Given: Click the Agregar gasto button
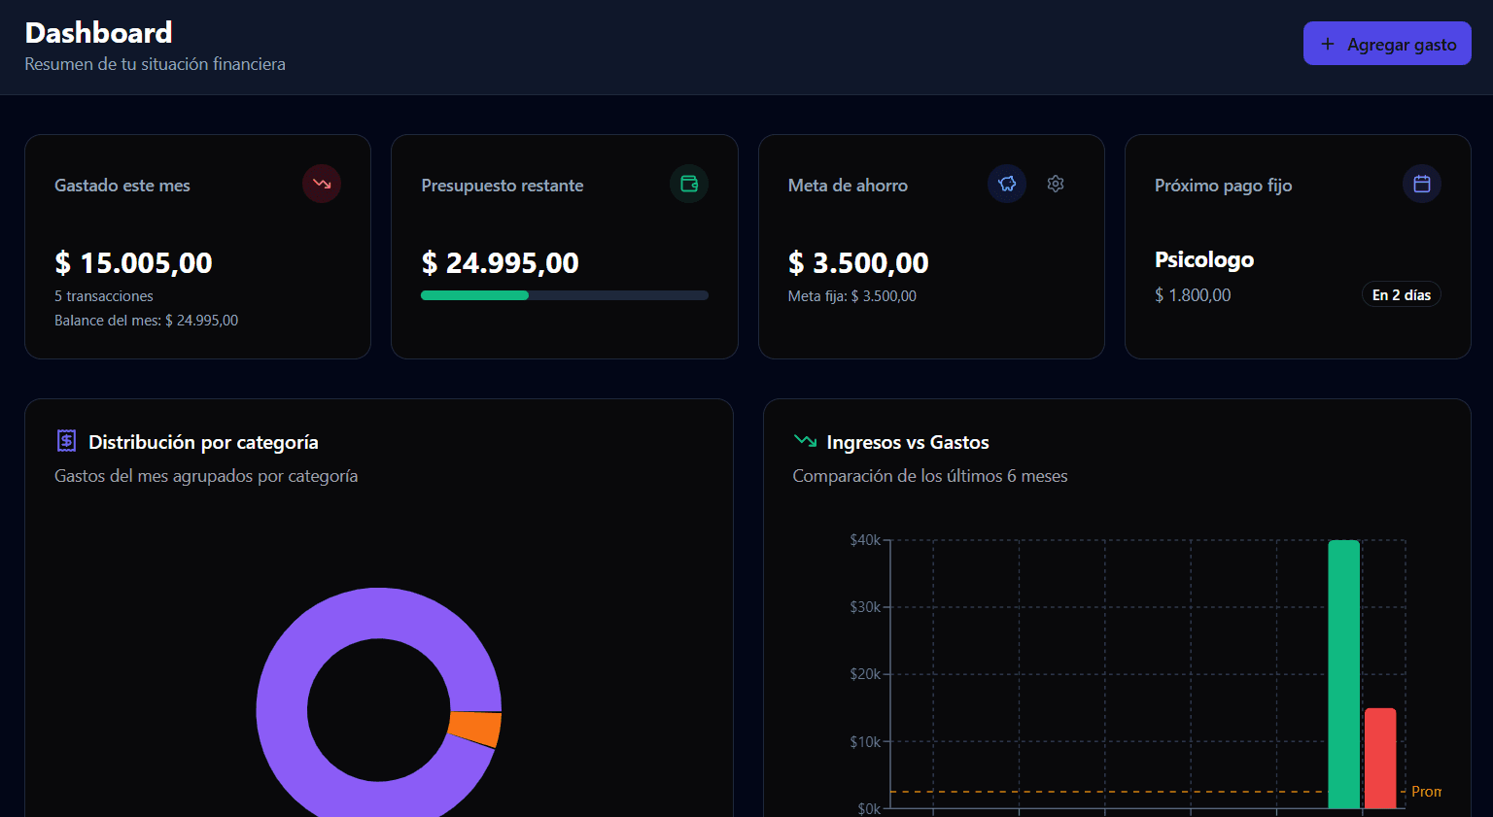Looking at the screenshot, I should (x=1386, y=44).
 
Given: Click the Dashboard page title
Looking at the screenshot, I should (x=98, y=33).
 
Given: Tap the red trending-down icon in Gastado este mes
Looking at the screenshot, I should (x=322, y=184).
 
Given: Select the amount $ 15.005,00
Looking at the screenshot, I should (x=133, y=262).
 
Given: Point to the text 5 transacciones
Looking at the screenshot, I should (x=104, y=296).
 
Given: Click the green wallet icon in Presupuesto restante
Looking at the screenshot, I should (x=688, y=184).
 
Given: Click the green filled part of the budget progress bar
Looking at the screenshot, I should (x=474, y=295).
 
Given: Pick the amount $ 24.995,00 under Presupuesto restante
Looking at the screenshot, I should (x=500, y=262).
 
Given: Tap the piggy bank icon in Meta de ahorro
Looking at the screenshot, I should (x=1007, y=184).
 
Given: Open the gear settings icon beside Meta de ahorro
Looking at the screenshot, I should (x=1056, y=184).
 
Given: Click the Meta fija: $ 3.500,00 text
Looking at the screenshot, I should (x=851, y=296).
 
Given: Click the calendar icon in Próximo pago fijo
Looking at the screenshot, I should (x=1421, y=184).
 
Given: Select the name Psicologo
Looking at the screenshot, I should (x=1203, y=259).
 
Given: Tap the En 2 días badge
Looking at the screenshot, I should (x=1401, y=295).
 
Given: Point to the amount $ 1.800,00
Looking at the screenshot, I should (x=1193, y=295).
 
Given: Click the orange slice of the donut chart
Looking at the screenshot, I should (x=475, y=729).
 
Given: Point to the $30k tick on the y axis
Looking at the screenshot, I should (x=865, y=607).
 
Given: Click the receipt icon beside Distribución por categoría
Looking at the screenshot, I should (x=66, y=441).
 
